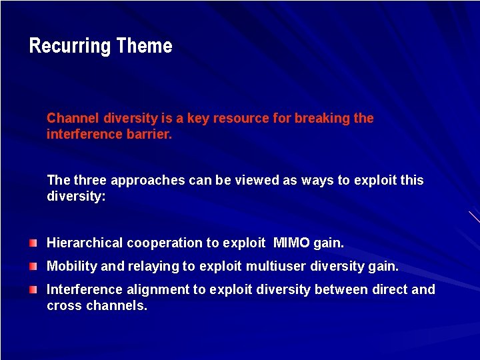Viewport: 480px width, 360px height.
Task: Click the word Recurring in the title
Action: pos(70,46)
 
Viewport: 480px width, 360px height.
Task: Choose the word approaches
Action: pos(141,181)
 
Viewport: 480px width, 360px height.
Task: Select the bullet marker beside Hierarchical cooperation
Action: pos(33,243)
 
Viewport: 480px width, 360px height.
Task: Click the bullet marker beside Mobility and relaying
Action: pos(33,266)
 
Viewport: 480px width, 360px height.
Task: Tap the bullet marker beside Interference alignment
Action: pos(33,289)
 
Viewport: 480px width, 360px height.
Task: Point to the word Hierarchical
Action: pos(85,243)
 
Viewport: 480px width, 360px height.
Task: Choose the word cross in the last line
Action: pos(64,305)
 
